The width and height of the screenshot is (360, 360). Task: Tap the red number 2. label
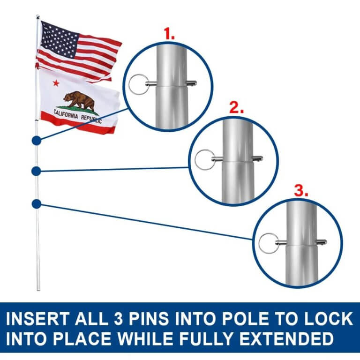click(x=236, y=109)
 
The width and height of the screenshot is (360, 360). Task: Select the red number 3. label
click(x=300, y=191)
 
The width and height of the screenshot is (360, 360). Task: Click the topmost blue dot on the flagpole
click(x=36, y=140)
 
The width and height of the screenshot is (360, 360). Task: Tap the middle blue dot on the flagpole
click(x=36, y=171)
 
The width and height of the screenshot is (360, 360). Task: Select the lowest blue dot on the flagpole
click(x=36, y=203)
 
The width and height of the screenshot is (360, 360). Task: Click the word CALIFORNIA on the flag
click(x=68, y=113)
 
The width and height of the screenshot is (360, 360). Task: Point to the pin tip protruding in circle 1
click(x=192, y=83)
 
